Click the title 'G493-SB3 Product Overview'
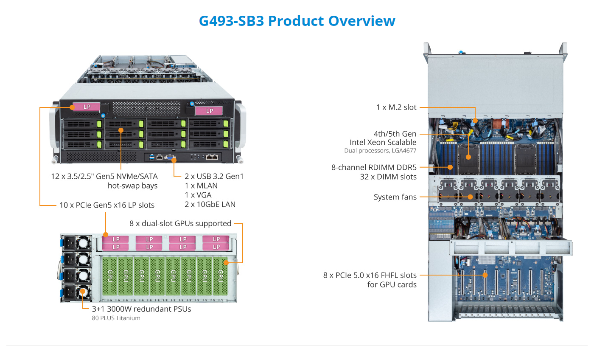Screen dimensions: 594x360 (297, 21)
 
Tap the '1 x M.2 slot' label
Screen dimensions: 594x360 (396, 107)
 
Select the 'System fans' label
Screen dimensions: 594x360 (395, 197)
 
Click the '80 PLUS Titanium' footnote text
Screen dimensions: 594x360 (116, 318)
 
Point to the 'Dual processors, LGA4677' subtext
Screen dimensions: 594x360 (380, 150)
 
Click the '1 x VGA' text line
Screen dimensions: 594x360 (198, 195)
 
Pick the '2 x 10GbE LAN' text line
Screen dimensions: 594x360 (210, 204)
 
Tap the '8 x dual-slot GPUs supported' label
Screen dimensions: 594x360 (180, 223)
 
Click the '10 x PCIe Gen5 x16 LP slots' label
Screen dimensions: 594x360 (106, 205)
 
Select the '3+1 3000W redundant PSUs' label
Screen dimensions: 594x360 (141, 309)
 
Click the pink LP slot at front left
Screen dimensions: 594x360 (86, 107)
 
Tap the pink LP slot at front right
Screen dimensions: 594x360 (209, 111)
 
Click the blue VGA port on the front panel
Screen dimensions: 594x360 (170, 157)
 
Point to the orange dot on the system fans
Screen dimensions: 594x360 (470, 197)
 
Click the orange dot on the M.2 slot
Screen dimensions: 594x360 (475, 121)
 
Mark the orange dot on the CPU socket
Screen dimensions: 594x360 (468, 157)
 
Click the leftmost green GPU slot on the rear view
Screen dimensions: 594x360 (110, 276)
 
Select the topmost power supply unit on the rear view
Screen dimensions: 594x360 (77, 243)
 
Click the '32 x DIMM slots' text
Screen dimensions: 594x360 (388, 177)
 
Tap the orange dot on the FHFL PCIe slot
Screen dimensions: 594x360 (485, 275)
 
